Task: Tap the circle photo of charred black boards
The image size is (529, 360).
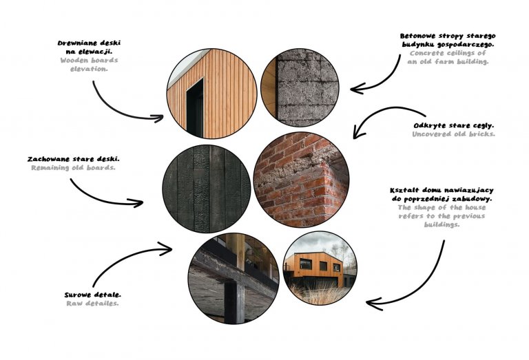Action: click(x=206, y=188)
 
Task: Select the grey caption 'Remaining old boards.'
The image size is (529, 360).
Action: click(x=73, y=167)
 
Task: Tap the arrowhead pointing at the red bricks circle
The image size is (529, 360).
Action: click(x=356, y=135)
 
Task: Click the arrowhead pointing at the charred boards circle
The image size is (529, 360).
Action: click(x=141, y=203)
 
